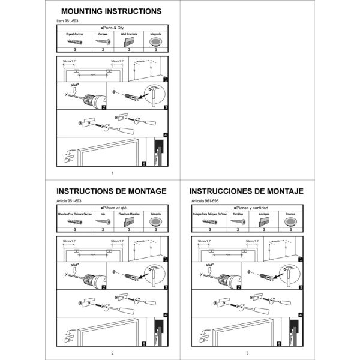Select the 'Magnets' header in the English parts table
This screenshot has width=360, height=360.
click(x=155, y=34)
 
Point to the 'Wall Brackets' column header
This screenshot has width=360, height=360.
click(x=129, y=34)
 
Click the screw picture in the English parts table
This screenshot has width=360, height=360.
click(x=102, y=42)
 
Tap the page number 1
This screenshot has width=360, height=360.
click(x=112, y=173)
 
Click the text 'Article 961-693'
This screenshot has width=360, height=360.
click(x=68, y=201)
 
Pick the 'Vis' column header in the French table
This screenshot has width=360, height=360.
click(x=102, y=214)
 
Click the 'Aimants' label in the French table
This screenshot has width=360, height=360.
click(x=155, y=214)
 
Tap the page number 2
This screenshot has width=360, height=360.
click(x=112, y=353)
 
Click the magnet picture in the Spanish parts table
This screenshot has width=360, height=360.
click(x=290, y=222)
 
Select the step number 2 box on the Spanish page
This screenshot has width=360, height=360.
click(x=238, y=287)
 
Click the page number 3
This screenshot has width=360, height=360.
click(x=247, y=353)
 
